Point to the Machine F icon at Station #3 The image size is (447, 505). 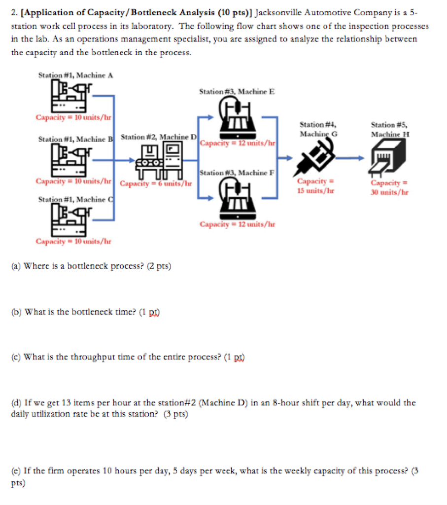237,200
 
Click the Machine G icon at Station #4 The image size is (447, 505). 316,156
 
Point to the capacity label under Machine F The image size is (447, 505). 237,224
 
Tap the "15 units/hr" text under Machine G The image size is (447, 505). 316,190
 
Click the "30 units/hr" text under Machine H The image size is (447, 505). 390,192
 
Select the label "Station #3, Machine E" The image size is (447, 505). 237,91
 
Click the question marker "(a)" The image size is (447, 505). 16,266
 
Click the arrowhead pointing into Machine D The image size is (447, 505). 132,160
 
